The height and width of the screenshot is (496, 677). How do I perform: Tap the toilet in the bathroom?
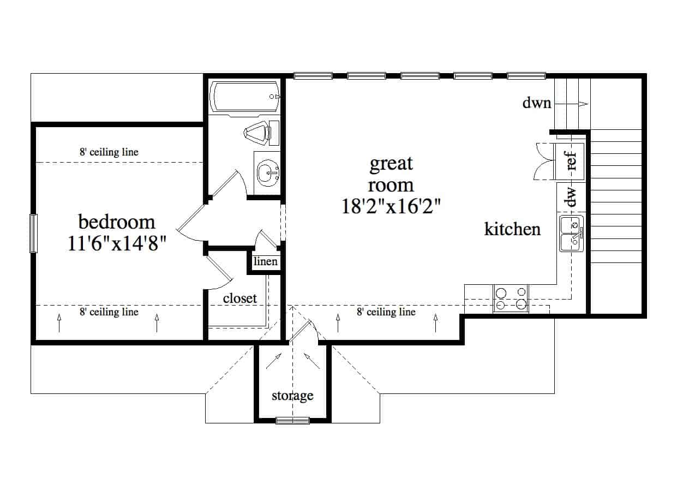pos(261,133)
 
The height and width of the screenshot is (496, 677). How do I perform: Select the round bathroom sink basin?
pos(268,173)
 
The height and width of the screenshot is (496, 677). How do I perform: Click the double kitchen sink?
pos(571,234)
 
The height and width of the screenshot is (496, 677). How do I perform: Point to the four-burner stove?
pos(511,298)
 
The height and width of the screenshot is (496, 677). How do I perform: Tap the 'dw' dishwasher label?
pos(572,196)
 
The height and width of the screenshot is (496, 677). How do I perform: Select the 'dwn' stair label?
pos(537,103)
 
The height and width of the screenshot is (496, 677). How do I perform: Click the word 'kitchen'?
pos(512,229)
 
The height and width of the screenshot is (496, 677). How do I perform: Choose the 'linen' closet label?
pos(265,261)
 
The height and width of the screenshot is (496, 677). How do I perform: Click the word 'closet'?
pos(240,298)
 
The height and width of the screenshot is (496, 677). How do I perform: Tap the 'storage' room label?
pos(292,396)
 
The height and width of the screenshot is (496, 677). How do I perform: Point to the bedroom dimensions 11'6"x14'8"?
pos(117,243)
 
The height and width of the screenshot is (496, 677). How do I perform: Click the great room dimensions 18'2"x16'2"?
pos(391,206)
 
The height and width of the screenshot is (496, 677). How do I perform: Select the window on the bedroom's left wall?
pos(33,234)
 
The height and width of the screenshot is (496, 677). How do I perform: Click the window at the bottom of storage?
pos(292,421)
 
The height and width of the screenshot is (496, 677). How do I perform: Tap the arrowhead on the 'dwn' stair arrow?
pos(584,104)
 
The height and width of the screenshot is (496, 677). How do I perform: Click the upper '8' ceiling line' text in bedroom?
pos(109,152)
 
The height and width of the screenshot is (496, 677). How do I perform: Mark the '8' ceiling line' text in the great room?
pos(386,312)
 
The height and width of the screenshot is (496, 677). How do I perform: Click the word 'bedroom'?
pos(117,222)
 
